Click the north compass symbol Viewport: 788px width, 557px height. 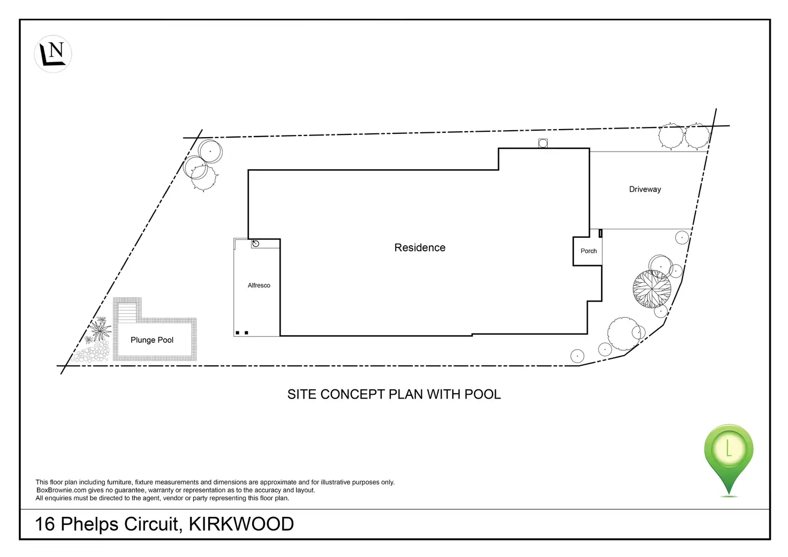pyautogui.click(x=53, y=54)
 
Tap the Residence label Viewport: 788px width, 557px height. pyautogui.click(x=420, y=247)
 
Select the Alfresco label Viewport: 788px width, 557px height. pyautogui.click(x=259, y=285)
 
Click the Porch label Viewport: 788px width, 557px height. pyautogui.click(x=588, y=251)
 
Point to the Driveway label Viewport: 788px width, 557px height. pyautogui.click(x=645, y=189)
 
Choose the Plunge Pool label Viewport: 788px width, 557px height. pyautogui.click(x=152, y=340)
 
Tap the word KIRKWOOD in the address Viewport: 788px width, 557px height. pyautogui.click(x=241, y=524)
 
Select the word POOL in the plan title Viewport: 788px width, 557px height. pyautogui.click(x=482, y=394)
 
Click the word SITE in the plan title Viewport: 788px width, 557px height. pyautogui.click(x=302, y=394)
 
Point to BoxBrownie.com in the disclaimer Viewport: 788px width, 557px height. pyautogui.click(x=61, y=490)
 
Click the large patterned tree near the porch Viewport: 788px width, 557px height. pyautogui.click(x=651, y=289)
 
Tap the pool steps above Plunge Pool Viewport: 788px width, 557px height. pyautogui.click(x=127, y=311)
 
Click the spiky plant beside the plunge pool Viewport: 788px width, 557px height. pyautogui.click(x=100, y=328)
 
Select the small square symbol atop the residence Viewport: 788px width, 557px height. pyautogui.click(x=543, y=143)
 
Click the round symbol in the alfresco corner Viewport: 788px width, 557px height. pyautogui.click(x=255, y=244)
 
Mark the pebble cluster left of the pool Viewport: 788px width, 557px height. pyautogui.click(x=93, y=353)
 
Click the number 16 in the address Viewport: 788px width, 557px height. pyautogui.click(x=45, y=524)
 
